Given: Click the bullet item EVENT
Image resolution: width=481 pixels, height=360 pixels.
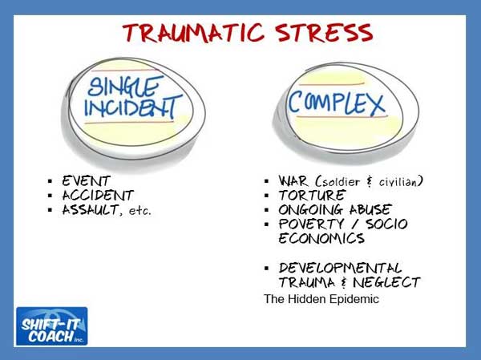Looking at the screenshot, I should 85,180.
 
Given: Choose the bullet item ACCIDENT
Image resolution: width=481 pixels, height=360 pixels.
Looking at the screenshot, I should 98,195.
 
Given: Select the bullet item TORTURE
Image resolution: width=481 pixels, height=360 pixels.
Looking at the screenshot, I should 311,195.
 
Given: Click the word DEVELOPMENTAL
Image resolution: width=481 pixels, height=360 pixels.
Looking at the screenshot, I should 340,267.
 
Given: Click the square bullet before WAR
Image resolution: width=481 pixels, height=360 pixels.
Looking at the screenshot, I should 267,181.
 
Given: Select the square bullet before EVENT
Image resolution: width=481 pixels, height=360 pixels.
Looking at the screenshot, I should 51,181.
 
